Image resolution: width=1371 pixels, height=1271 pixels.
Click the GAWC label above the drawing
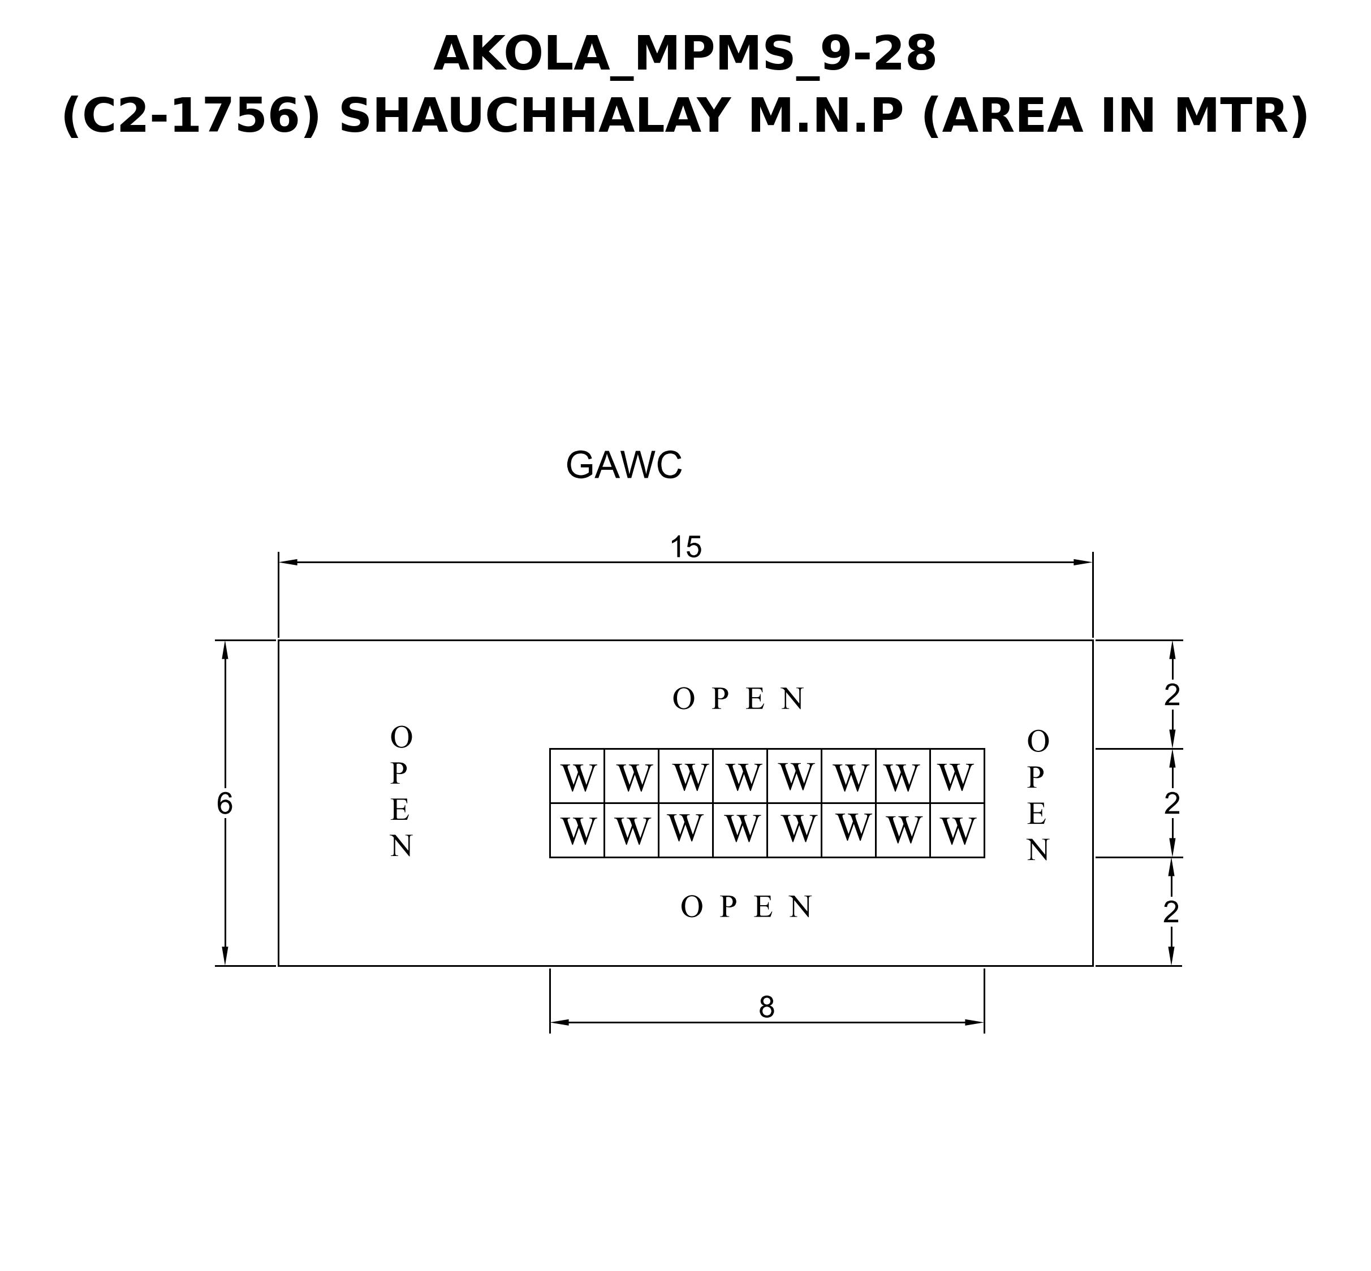(x=623, y=466)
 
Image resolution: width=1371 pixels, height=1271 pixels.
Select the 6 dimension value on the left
(x=224, y=803)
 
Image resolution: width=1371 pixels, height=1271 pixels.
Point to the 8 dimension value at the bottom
(x=766, y=1008)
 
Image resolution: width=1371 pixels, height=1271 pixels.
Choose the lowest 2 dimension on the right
(x=1171, y=913)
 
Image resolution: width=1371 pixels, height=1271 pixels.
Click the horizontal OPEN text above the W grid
(x=738, y=699)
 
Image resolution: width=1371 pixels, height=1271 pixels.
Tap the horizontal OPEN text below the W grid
(x=747, y=907)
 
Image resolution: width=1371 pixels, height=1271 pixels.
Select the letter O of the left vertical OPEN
(x=401, y=738)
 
